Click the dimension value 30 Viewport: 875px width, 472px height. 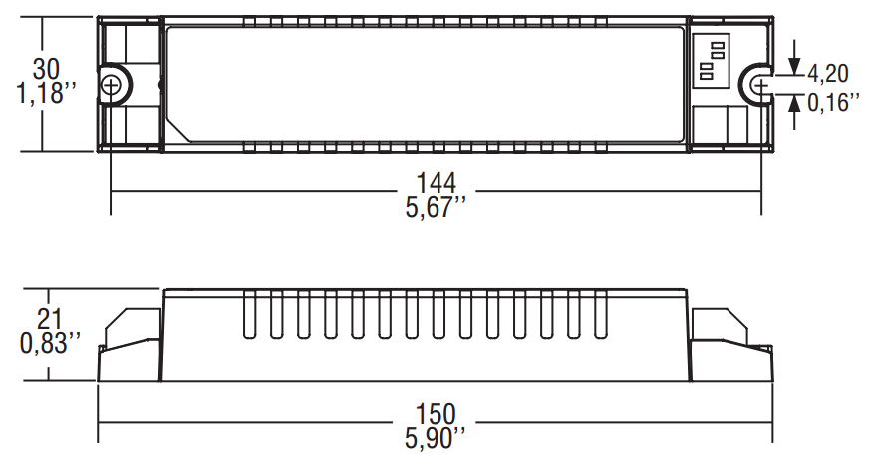[46, 69]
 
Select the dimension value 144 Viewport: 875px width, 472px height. [436, 183]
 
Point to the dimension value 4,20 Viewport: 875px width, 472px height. [828, 73]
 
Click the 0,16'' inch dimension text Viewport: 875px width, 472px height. [832, 101]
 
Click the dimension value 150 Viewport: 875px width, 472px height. [436, 412]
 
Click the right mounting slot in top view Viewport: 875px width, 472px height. [759, 86]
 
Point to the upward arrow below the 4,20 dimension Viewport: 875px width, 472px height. [794, 112]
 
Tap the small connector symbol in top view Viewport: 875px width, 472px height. [711, 60]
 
